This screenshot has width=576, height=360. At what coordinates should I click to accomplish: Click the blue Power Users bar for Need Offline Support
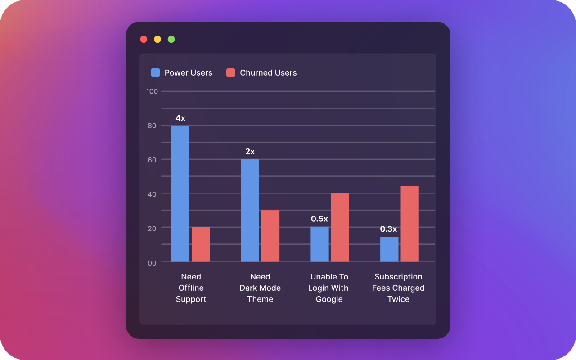point(180,193)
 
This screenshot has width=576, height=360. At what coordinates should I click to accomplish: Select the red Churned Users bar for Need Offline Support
point(201,244)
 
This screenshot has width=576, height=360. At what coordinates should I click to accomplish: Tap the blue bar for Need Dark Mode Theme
point(250,210)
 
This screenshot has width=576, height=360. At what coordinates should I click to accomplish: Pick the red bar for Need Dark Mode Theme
point(270,236)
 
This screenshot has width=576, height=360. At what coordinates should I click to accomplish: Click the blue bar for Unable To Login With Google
point(319,244)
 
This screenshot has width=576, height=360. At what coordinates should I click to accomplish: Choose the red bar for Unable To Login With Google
point(340,227)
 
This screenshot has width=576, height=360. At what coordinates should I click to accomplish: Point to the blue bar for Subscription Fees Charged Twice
point(389,249)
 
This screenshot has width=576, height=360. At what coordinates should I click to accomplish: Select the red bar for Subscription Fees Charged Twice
point(410,224)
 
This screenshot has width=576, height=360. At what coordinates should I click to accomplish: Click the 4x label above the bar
point(180,118)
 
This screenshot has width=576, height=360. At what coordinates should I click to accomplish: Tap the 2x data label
point(250,152)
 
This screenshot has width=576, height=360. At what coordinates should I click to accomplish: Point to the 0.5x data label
point(319,219)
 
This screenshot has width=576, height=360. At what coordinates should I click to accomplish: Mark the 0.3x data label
point(389,229)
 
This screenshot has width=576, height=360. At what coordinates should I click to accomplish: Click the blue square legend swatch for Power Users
point(155,73)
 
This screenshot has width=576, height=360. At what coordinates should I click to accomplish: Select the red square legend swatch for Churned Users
point(231,73)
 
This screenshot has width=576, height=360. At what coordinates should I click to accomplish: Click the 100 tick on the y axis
point(152,91)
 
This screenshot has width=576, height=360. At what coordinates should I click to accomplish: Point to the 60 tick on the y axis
point(152,160)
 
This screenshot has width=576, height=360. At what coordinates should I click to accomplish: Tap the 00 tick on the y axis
point(152,263)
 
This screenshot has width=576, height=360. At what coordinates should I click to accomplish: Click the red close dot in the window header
point(144,39)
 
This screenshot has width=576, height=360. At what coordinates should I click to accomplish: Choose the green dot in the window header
point(171,39)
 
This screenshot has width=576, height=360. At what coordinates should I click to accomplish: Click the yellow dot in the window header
point(157,39)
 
